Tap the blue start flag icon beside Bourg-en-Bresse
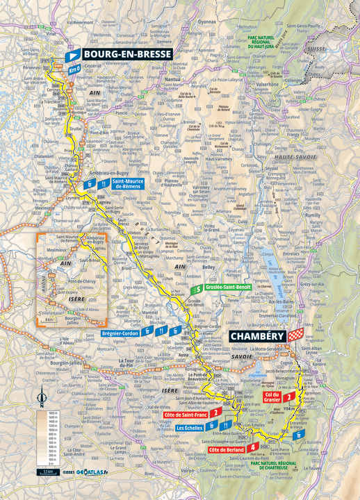72,53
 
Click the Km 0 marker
74,69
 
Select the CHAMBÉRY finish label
259,335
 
